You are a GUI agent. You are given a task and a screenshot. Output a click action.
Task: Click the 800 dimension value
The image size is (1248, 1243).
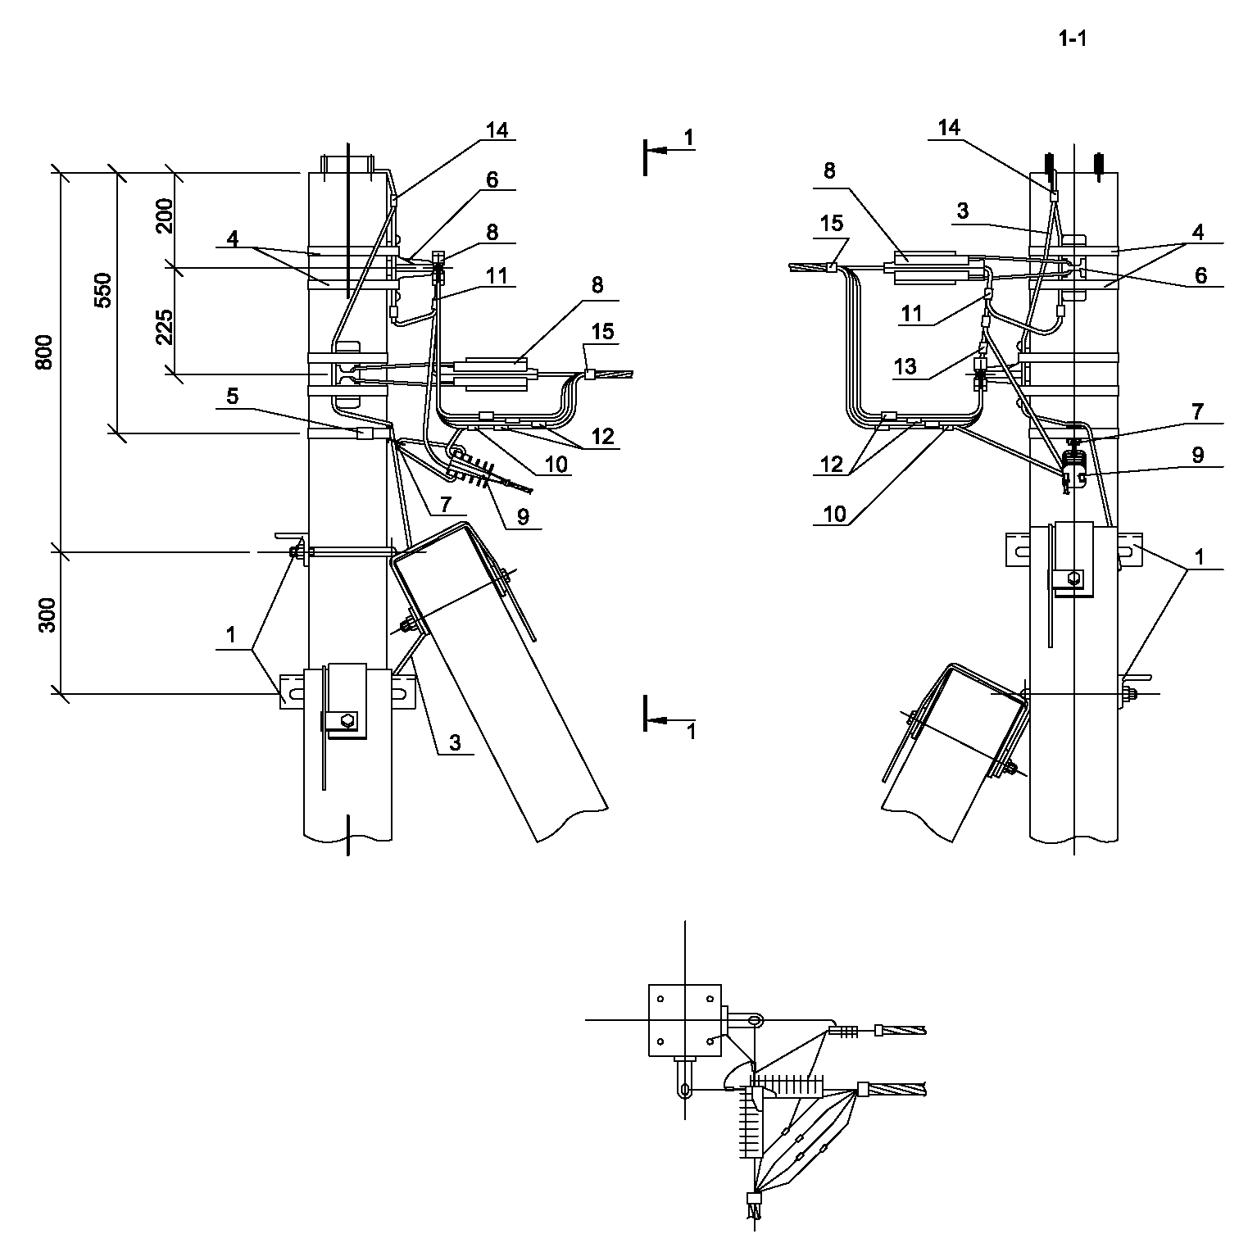[45, 352]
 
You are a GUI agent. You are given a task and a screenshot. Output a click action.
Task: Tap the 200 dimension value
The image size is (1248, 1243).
[165, 215]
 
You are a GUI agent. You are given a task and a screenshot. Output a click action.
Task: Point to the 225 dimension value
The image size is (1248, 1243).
[165, 327]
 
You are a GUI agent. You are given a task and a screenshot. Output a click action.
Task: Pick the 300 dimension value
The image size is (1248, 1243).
[47, 615]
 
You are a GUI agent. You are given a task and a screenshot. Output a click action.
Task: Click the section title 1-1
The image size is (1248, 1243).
[1072, 39]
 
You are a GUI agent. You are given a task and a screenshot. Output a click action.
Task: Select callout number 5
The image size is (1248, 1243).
[233, 397]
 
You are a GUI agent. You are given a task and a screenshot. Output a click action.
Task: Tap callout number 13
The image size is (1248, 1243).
[905, 365]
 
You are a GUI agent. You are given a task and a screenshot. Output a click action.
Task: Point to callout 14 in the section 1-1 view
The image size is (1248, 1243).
[949, 127]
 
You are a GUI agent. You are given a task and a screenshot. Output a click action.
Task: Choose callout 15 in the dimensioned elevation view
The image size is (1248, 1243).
[602, 332]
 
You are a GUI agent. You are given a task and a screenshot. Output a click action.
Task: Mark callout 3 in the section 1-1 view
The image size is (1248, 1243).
[963, 211]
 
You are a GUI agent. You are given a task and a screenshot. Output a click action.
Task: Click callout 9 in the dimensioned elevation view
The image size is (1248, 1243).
[523, 516]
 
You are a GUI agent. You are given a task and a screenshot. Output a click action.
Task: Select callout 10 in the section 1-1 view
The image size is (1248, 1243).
[834, 514]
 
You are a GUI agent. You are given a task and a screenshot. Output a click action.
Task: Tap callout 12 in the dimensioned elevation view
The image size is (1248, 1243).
[602, 436]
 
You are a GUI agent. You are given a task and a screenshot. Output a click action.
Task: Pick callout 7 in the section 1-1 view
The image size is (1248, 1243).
[1198, 411]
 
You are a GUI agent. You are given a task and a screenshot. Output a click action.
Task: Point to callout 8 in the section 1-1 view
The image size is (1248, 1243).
[829, 170]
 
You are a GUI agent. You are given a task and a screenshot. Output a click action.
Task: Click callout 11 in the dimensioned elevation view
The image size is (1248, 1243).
[497, 276]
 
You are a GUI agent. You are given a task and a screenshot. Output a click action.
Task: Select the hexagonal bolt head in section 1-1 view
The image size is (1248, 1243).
[1074, 579]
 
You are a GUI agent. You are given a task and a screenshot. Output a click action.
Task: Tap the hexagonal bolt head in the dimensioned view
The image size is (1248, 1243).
[347, 721]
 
